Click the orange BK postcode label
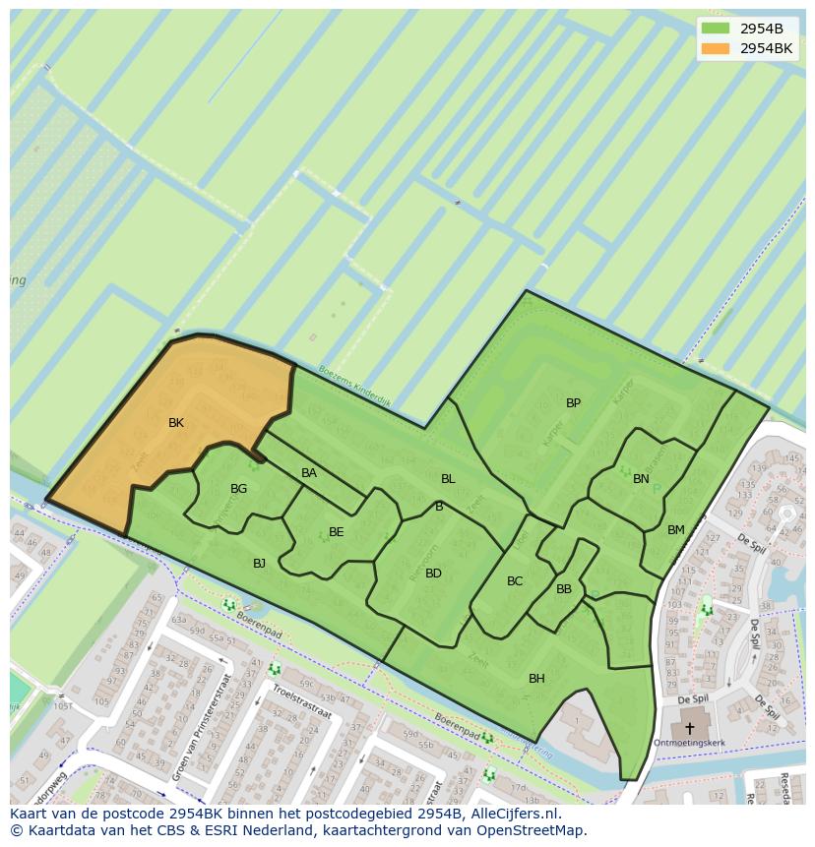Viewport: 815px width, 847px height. coord(176,423)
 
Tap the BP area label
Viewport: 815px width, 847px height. coord(573,403)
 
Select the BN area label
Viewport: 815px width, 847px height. coord(641,479)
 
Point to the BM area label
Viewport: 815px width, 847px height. coord(675,530)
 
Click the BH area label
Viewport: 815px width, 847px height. coord(536,679)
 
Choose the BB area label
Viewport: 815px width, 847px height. coord(564,589)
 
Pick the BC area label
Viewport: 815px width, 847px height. coord(515,581)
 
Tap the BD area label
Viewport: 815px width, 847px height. coord(433,574)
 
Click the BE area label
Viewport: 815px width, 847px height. coord(336,532)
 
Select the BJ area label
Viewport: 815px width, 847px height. coord(259,564)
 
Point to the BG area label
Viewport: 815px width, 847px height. coord(238,489)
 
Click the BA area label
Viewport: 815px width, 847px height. coord(309,473)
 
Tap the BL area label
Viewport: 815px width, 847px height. coord(448,479)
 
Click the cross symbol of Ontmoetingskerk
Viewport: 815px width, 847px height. coord(689,729)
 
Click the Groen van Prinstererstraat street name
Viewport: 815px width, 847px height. coord(203,729)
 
